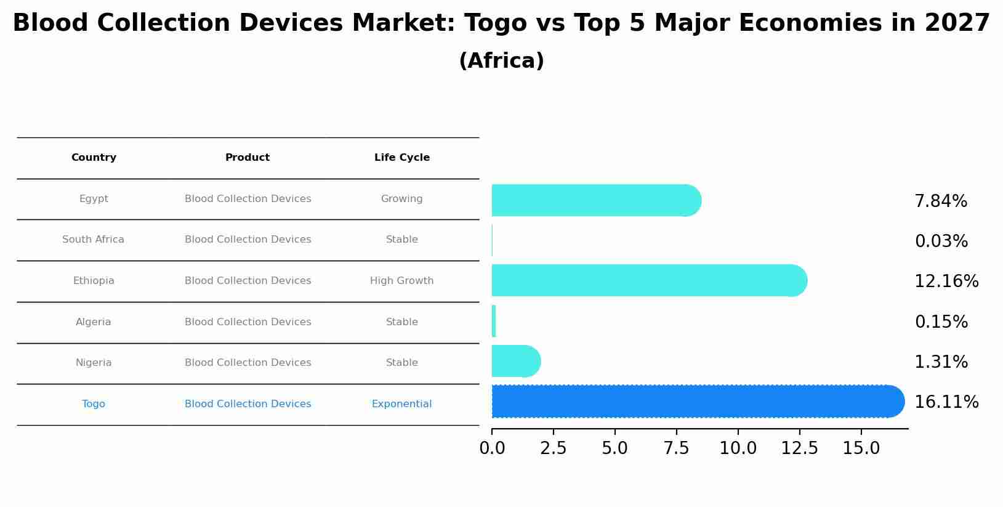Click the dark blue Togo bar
pyautogui.click(x=696, y=402)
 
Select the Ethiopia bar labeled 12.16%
pyautogui.click(x=647, y=280)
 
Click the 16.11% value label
pyautogui.click(x=946, y=402)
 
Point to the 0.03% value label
pyautogui.click(x=941, y=241)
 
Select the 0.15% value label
pyautogui.click(x=941, y=322)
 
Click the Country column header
pyautogui.click(x=94, y=158)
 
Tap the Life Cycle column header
pyautogui.click(x=401, y=158)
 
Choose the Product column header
pyautogui.click(x=248, y=158)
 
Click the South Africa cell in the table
pyautogui.click(x=93, y=240)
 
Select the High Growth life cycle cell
pyautogui.click(x=401, y=281)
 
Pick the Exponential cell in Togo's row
pyautogui.click(x=401, y=404)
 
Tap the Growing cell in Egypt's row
pyautogui.click(x=401, y=199)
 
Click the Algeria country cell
pyautogui.click(x=93, y=322)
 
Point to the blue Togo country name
pyautogui.click(x=93, y=404)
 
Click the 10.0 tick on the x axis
pyautogui.click(x=738, y=448)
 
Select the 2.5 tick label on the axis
pyautogui.click(x=553, y=448)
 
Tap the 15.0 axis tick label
pyautogui.click(x=861, y=448)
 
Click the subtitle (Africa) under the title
pyautogui.click(x=501, y=61)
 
